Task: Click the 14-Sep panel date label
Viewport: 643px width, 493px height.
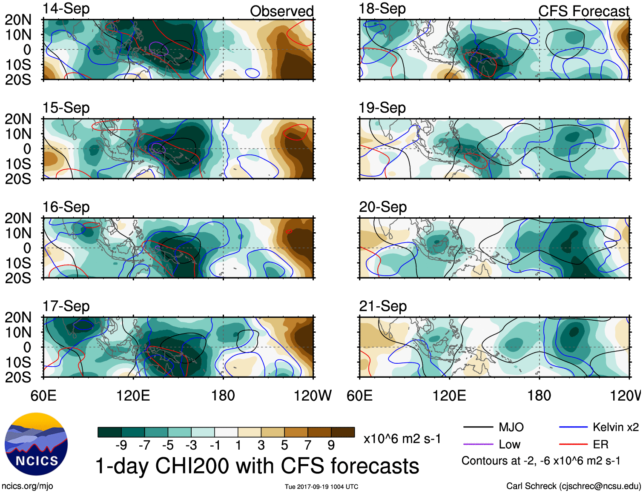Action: tap(66, 9)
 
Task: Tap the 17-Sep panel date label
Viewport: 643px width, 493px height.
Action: tap(66, 306)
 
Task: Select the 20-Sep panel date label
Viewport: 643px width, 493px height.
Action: tap(382, 207)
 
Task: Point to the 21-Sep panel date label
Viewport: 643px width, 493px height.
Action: tap(382, 306)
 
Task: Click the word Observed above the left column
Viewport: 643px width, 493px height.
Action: tap(281, 11)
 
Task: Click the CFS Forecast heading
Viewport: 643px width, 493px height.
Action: tap(583, 11)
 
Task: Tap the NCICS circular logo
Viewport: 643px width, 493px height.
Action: tap(36, 444)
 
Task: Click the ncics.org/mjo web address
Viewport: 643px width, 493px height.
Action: tap(27, 486)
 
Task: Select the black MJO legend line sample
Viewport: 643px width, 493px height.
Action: tap(478, 427)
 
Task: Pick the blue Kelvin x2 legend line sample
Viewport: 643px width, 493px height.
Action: tap(573, 427)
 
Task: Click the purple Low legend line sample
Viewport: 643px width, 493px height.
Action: tap(478, 445)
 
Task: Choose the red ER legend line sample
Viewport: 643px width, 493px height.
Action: tap(573, 445)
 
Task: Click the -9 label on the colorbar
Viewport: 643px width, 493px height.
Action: tap(121, 445)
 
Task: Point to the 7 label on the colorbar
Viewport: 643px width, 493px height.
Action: tap(308, 445)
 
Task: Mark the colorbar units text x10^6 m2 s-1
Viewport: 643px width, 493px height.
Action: tap(402, 439)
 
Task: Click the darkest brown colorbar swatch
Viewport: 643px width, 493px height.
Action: tap(343, 432)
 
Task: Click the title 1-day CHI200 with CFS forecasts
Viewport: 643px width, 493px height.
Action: tap(257, 466)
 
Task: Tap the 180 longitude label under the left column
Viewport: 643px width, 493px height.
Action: tap(223, 396)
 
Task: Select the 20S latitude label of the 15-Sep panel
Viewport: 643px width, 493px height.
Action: tap(18, 179)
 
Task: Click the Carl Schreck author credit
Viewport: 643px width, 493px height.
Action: tap(573, 486)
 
